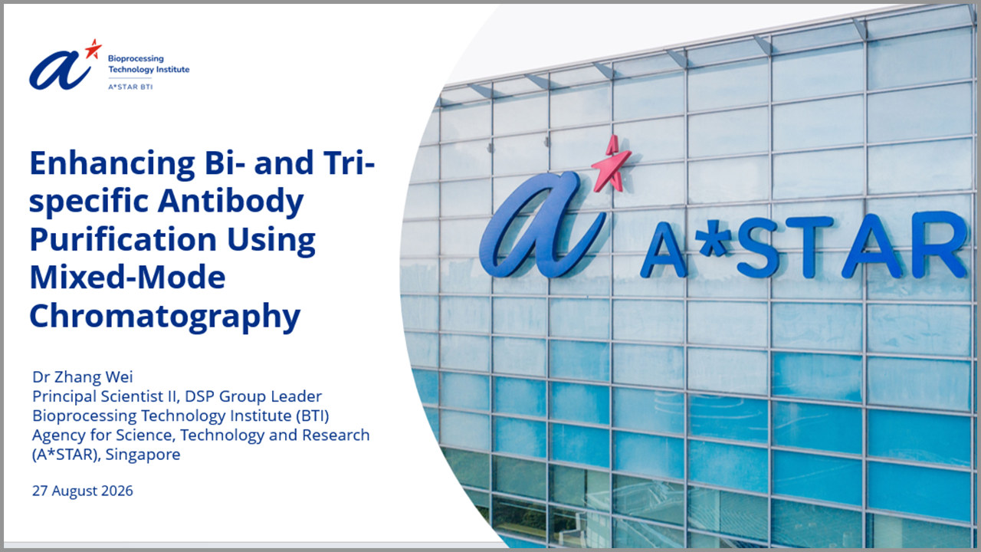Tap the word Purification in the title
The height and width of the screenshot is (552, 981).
[123, 240]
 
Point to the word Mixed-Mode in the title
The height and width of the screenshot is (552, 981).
[127, 278]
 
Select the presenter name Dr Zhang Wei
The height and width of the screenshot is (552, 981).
[82, 376]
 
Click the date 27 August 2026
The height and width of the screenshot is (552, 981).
[82, 491]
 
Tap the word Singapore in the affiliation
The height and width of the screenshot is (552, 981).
[143, 455]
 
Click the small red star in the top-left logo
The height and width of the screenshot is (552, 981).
[93, 48]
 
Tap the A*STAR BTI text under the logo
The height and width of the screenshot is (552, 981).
[130, 87]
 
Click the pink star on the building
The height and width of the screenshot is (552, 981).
[612, 164]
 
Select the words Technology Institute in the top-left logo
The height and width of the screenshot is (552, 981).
[149, 69]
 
